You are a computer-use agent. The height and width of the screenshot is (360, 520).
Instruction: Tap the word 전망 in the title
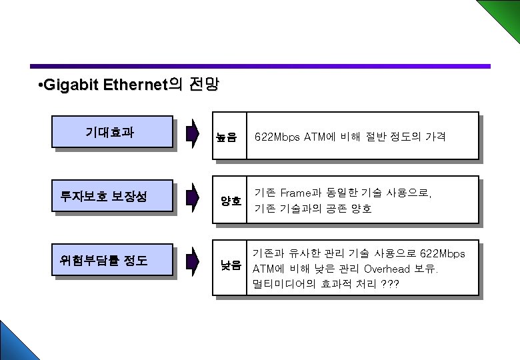point(204,86)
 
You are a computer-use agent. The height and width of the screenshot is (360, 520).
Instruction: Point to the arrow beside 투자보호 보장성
point(192,197)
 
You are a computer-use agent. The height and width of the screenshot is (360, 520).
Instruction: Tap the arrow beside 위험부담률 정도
point(192,261)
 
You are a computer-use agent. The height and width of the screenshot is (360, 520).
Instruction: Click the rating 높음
point(227,138)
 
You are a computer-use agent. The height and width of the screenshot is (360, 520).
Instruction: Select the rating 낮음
point(231,265)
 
